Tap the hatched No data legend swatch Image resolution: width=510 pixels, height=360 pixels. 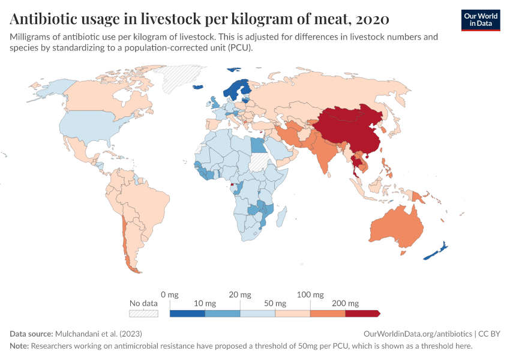(144, 313)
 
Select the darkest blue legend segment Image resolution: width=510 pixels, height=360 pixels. (187, 313)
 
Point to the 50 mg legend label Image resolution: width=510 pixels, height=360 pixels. (275, 304)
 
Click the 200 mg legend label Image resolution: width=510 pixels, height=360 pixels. (346, 304)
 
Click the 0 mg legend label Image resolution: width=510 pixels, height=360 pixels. (170, 295)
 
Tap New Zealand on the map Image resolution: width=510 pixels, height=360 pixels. (436, 252)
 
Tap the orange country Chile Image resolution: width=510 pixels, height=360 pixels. (125, 240)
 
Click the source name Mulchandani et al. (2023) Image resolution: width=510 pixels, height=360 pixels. (98, 333)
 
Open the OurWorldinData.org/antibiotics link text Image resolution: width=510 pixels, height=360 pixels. (418, 333)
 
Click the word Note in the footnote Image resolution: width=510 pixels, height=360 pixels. (19, 346)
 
